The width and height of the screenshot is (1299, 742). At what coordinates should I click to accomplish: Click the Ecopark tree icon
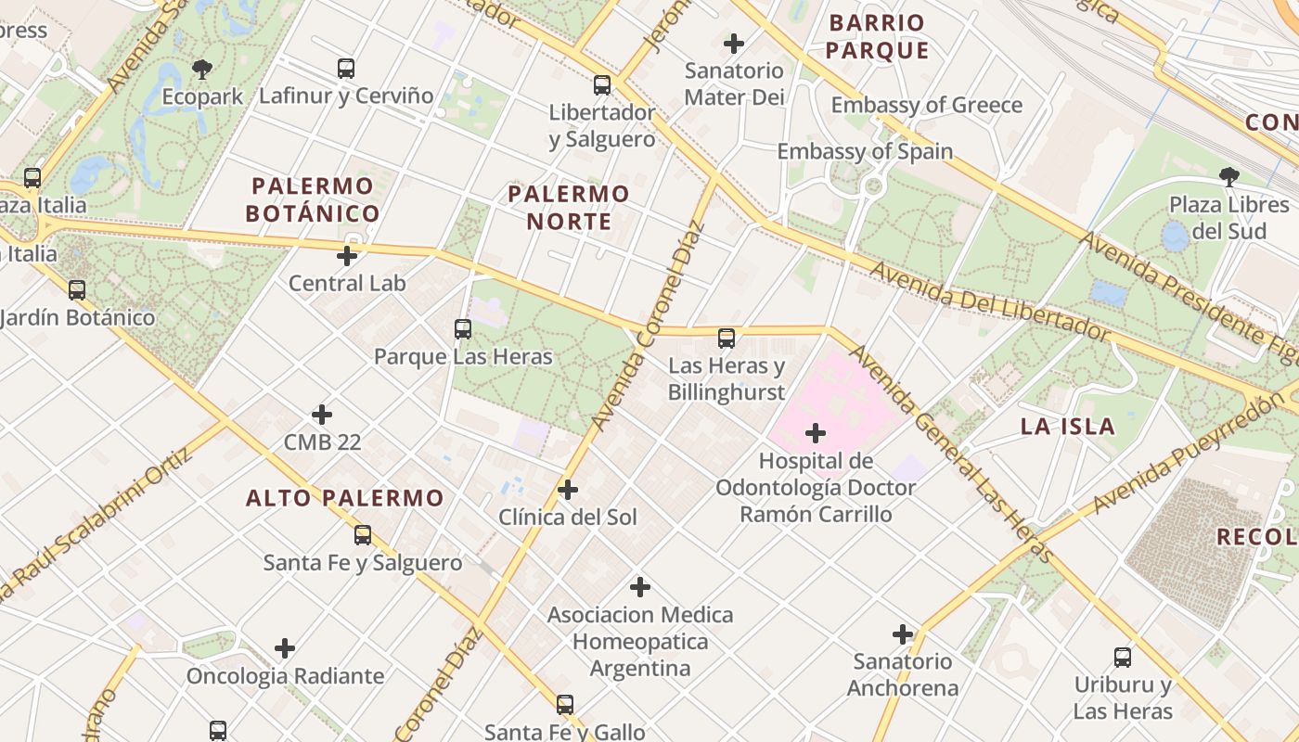[202, 69]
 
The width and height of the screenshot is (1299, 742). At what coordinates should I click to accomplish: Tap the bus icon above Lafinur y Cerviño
[346, 68]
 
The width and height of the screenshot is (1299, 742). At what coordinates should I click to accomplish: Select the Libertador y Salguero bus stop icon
[602, 85]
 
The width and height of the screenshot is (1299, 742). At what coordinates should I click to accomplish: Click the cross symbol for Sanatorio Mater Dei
[734, 44]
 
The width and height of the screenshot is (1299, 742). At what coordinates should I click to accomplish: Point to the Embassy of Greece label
[926, 105]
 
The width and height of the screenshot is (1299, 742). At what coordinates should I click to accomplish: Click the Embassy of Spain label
[865, 151]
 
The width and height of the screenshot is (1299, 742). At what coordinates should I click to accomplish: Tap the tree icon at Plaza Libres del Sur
[1229, 176]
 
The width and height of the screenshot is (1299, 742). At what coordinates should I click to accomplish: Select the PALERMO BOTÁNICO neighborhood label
[313, 199]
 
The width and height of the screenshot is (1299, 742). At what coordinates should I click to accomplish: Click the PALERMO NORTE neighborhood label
[569, 208]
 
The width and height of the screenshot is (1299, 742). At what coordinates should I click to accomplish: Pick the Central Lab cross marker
[347, 256]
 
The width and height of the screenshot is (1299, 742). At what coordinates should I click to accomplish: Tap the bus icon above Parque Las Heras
[463, 328]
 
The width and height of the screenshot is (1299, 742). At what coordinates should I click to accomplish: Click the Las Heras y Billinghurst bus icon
[727, 339]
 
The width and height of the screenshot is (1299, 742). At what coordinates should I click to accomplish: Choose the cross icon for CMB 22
[322, 415]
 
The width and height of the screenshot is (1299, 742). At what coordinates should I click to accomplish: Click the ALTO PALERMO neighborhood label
[344, 498]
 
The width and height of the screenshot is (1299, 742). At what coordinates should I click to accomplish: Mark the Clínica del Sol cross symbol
[568, 490]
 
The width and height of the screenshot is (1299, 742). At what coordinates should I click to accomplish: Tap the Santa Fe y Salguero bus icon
[363, 535]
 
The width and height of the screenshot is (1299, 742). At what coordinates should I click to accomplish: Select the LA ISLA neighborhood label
[1067, 427]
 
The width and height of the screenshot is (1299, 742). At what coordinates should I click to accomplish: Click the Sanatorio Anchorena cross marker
[903, 634]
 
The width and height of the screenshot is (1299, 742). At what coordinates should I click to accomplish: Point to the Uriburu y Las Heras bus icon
[1123, 658]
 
